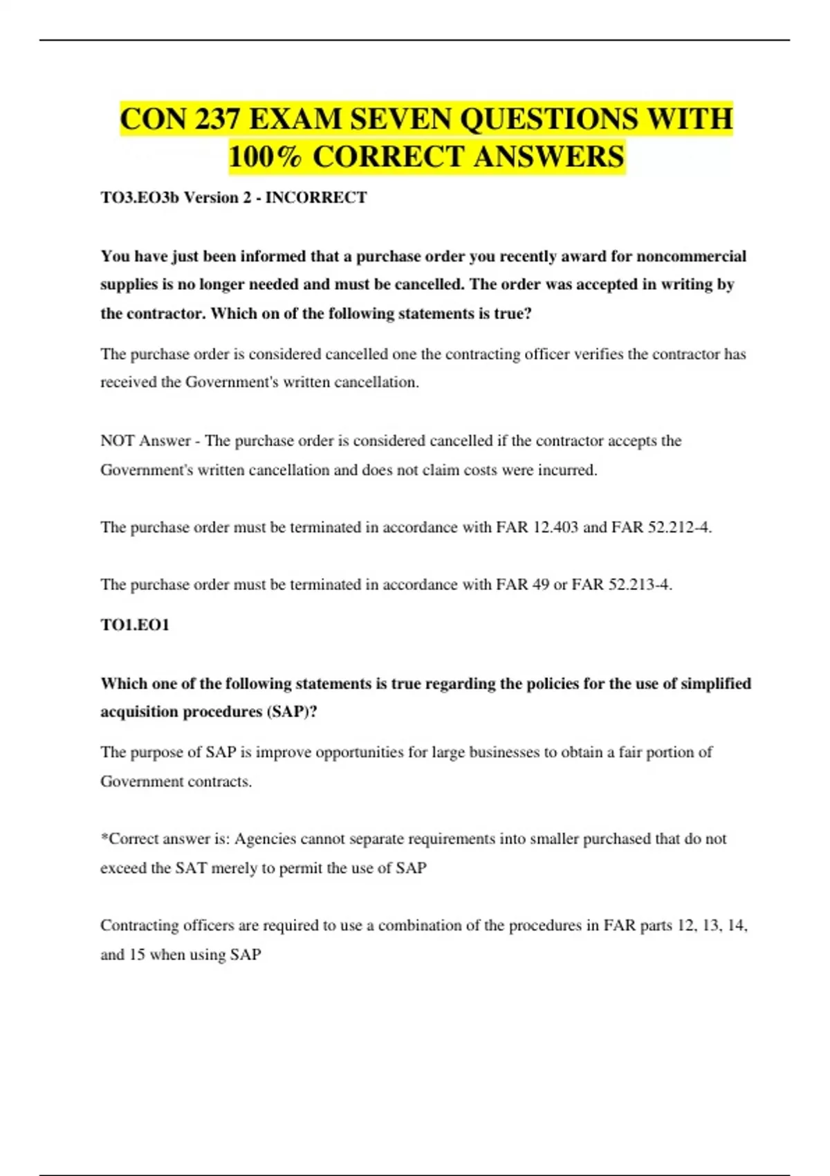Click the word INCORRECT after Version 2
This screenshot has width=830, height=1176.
pos(316,198)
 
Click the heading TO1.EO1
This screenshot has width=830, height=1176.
pos(135,625)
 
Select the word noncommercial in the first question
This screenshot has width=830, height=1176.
pos(691,257)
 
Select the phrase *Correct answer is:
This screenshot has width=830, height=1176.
pos(165,839)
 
